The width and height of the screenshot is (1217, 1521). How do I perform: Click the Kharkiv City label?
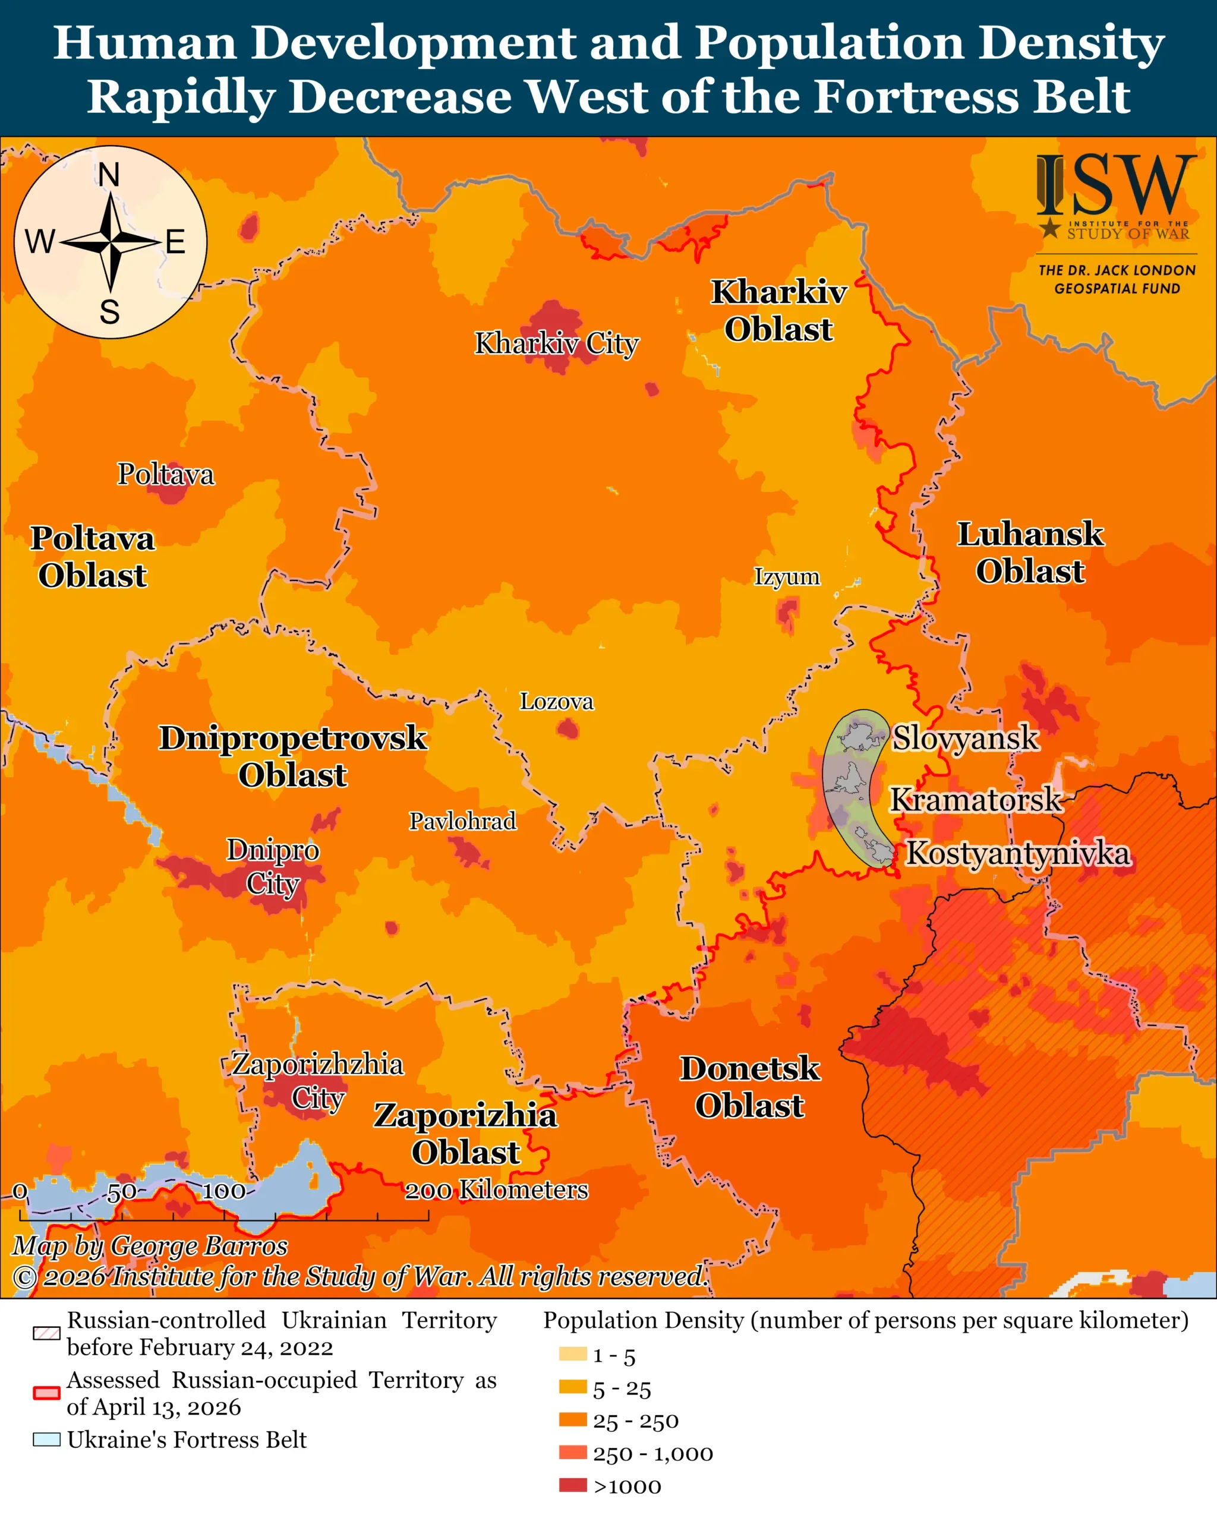point(556,343)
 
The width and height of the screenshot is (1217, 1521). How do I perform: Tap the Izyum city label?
point(787,576)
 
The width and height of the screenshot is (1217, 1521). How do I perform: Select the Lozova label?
point(557,701)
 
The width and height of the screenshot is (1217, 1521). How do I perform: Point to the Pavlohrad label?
point(463,821)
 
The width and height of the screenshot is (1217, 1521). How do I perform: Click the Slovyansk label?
point(965,738)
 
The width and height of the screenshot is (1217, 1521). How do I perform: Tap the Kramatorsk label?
point(975,799)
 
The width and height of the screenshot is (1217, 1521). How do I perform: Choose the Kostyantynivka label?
point(1017,853)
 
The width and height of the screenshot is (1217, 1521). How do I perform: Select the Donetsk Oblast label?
point(749,1087)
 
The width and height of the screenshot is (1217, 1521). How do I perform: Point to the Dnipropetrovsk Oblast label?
point(293,756)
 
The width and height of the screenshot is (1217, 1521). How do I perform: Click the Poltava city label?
point(165,474)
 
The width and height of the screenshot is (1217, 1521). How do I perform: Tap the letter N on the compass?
point(109,175)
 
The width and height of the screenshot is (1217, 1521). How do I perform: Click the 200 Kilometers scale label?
point(496,1190)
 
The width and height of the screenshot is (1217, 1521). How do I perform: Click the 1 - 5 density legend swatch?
point(573,1354)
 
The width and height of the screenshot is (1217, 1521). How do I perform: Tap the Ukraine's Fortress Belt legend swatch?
point(46,1440)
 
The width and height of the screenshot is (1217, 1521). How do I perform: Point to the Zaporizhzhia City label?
point(317,1081)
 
